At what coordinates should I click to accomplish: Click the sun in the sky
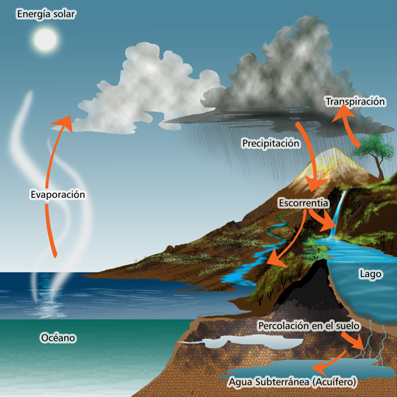(x=45, y=41)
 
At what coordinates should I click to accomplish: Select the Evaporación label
(x=58, y=195)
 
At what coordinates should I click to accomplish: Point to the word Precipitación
(x=271, y=143)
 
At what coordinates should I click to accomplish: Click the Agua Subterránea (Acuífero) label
(x=292, y=382)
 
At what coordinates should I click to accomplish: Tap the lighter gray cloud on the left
(x=139, y=86)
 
